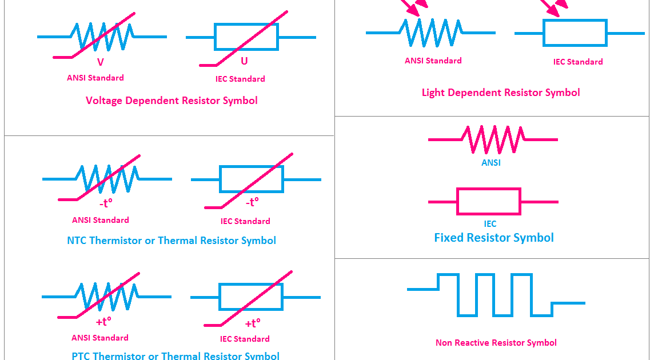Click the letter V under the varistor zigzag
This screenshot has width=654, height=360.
[x=101, y=62]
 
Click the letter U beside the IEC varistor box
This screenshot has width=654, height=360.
[x=245, y=61]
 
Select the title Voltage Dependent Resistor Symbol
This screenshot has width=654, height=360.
[x=172, y=101]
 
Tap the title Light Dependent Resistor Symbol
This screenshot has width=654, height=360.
[x=501, y=93]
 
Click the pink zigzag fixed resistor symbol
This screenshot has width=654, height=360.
[x=493, y=139]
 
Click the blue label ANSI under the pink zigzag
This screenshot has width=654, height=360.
[x=491, y=163]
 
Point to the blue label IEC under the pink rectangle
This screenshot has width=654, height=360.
[x=490, y=224]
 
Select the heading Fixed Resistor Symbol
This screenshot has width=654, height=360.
[x=494, y=238]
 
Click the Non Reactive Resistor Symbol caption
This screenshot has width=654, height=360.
[x=496, y=343]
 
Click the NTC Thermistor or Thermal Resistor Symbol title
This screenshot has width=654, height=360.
[x=172, y=241]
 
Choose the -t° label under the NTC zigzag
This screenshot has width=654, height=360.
[x=106, y=203]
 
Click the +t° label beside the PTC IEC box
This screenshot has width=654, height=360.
[x=253, y=323]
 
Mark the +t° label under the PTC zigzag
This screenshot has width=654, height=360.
[x=103, y=322]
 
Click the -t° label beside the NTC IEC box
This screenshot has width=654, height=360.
[x=252, y=202]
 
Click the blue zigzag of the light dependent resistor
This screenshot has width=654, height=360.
[x=430, y=32]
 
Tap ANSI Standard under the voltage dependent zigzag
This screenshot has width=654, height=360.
[x=95, y=78]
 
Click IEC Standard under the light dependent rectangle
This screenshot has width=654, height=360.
[x=577, y=62]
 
